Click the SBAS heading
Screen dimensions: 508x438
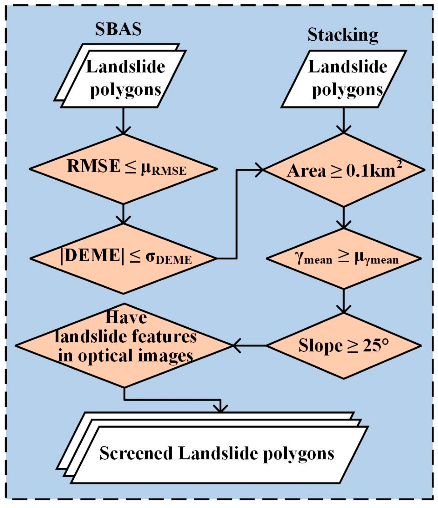tap(118, 29)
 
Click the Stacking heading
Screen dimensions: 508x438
tap(343, 35)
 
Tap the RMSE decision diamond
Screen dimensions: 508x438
tap(124, 168)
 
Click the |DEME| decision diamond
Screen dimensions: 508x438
tap(124, 258)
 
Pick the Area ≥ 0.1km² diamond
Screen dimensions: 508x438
tap(344, 170)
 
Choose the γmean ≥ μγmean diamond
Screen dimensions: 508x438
tap(344, 258)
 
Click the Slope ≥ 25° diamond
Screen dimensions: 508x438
tap(344, 345)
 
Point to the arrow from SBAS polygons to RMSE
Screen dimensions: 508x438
tap(123, 121)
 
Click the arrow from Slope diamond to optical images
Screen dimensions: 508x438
tap(249, 345)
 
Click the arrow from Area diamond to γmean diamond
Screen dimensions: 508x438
tap(344, 217)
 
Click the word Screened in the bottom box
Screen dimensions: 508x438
tap(136, 453)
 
